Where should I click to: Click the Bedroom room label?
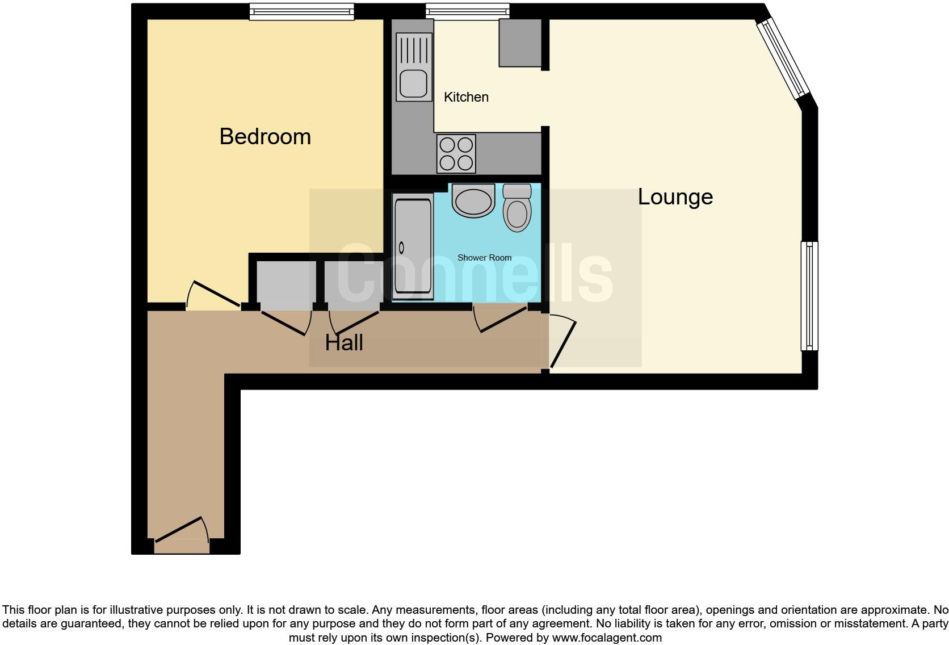click(x=265, y=137)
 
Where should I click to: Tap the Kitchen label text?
click(x=466, y=97)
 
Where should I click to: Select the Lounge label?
click(x=675, y=197)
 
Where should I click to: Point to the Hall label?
click(x=344, y=343)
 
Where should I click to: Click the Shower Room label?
click(x=484, y=258)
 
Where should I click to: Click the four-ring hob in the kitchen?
click(x=456, y=154)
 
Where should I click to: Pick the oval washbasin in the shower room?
click(x=473, y=202)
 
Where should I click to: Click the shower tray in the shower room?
click(x=413, y=246)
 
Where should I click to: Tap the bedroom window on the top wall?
click(x=301, y=11)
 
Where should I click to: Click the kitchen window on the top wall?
click(x=468, y=11)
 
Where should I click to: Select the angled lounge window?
click(x=783, y=57)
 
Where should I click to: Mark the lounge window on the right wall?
click(x=809, y=296)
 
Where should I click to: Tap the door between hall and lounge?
click(x=562, y=344)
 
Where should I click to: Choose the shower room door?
click(x=502, y=319)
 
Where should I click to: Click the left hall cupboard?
click(x=286, y=282)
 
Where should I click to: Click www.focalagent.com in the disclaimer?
click(x=607, y=638)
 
